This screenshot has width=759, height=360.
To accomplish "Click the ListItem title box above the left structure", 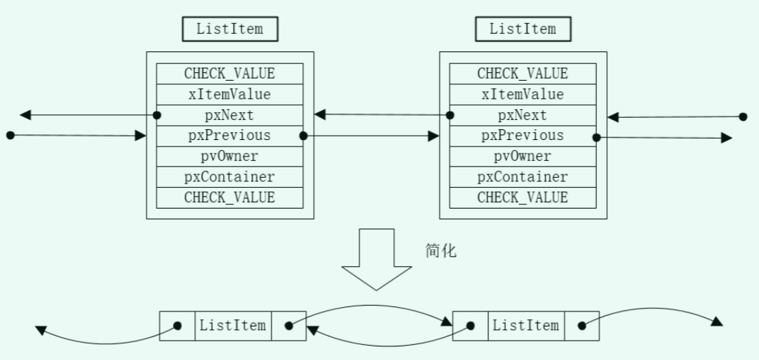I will (x=229, y=29).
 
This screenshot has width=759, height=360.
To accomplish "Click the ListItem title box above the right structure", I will (x=522, y=29).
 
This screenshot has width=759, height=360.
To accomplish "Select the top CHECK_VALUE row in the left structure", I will (x=229, y=74).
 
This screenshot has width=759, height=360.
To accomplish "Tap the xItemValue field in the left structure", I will (x=229, y=94).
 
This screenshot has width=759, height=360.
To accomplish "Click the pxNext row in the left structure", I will (x=229, y=115).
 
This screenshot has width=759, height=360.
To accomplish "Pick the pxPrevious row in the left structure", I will (x=229, y=135).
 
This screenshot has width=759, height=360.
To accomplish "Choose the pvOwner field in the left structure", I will (x=229, y=156).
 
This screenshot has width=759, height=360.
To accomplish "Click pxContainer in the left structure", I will (x=229, y=176).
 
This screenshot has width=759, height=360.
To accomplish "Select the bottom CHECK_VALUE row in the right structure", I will (x=522, y=197).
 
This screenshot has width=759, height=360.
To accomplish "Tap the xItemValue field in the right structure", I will (x=522, y=94).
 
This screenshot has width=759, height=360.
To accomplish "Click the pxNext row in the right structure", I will (x=522, y=115).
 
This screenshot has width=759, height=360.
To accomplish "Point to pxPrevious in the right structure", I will (x=522, y=135).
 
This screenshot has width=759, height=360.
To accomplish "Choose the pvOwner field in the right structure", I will (x=522, y=156).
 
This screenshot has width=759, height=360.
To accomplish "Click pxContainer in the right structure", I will (x=522, y=176).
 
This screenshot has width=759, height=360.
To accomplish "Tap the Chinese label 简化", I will (x=440, y=251).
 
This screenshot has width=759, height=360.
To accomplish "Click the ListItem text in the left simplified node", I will (x=233, y=326).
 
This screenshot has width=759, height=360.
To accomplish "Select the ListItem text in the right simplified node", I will (x=526, y=326).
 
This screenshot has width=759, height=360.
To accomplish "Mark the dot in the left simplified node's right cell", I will (x=289, y=326).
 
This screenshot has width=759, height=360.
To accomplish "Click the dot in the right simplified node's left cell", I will (x=470, y=326).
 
